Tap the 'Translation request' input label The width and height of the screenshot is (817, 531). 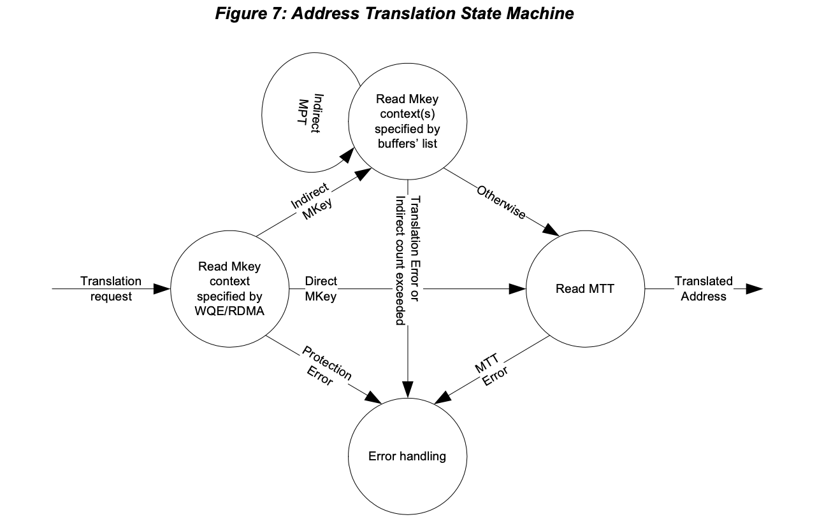click(x=111, y=288)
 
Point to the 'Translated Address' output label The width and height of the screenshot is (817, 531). click(x=703, y=288)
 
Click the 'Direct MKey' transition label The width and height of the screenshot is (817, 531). click(x=321, y=288)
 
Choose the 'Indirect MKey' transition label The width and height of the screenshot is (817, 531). click(x=312, y=202)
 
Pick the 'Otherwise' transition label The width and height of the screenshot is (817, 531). click(x=501, y=202)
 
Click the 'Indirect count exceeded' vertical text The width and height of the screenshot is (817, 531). click(x=400, y=260)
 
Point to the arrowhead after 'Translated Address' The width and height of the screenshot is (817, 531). click(x=755, y=289)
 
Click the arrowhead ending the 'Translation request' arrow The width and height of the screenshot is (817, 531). click(x=162, y=289)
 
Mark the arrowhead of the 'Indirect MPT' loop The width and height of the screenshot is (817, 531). click(x=347, y=155)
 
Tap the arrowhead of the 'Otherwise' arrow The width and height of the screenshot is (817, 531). click(x=551, y=230)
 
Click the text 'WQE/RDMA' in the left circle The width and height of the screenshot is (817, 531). click(x=229, y=311)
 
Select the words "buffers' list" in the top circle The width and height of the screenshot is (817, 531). click(x=407, y=144)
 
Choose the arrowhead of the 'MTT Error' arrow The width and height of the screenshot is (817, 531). click(x=443, y=397)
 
